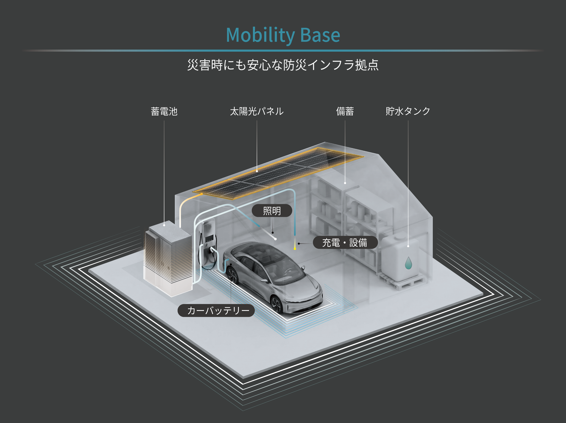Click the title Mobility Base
pyautogui.click(x=283, y=35)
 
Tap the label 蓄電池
pyautogui.click(x=164, y=112)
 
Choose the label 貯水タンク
pyautogui.click(x=408, y=112)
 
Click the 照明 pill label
pyautogui.click(x=272, y=211)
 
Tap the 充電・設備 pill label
pyautogui.click(x=345, y=242)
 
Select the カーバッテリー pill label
pyautogui.click(x=216, y=310)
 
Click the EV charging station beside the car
pyautogui.click(x=209, y=240)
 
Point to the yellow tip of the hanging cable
pyautogui.click(x=295, y=249)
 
